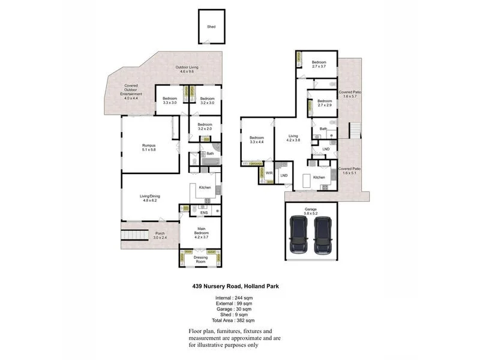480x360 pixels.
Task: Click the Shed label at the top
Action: [x=211, y=27]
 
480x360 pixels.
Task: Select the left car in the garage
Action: [x=299, y=234]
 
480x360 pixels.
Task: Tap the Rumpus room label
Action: [x=149, y=148]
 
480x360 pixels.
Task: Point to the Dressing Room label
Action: [x=200, y=259]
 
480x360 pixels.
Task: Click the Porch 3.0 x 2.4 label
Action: [x=160, y=235]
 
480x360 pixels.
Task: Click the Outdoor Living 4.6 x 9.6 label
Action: [x=187, y=69]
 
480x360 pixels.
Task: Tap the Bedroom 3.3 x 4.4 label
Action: [x=257, y=140]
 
